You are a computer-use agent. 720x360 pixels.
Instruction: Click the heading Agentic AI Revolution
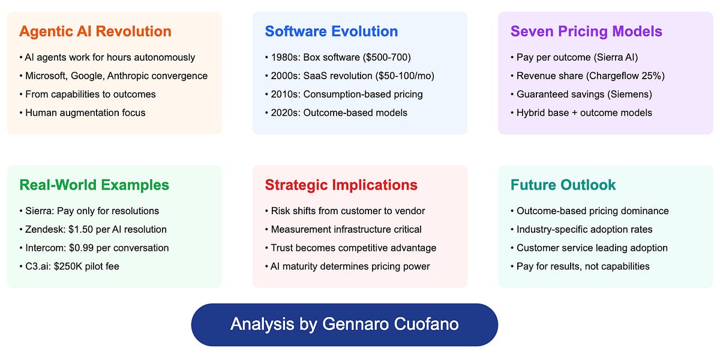pyautogui.click(x=95, y=31)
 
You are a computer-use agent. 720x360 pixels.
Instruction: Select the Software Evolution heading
pyautogui.click(x=331, y=31)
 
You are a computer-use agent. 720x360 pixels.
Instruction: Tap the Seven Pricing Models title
pyautogui.click(x=586, y=31)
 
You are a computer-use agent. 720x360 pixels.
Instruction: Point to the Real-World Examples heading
pyautogui.click(x=94, y=185)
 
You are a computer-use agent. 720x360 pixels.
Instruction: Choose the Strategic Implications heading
pyautogui.click(x=341, y=185)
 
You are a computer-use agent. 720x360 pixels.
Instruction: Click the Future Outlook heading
pyautogui.click(x=563, y=185)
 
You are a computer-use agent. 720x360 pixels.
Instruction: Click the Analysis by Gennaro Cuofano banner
pyautogui.click(x=344, y=325)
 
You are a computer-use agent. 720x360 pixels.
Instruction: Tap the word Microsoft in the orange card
pyautogui.click(x=46, y=76)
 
